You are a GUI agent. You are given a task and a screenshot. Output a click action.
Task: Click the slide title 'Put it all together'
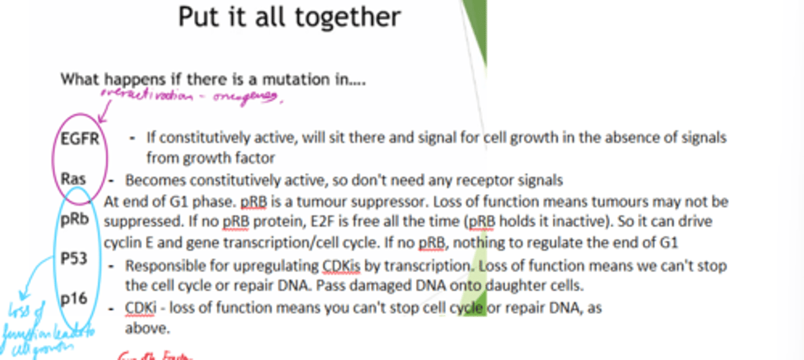(x=289, y=17)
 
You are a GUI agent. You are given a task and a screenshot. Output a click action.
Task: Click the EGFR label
(x=80, y=138)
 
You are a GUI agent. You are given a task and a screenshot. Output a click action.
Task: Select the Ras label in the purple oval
(x=74, y=179)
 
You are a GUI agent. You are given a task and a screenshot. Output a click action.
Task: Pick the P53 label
(x=74, y=258)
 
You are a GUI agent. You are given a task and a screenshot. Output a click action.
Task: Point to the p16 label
(x=74, y=299)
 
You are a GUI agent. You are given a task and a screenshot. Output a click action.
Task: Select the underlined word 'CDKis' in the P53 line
(x=341, y=266)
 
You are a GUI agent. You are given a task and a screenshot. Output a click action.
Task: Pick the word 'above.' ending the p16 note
(x=147, y=328)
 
